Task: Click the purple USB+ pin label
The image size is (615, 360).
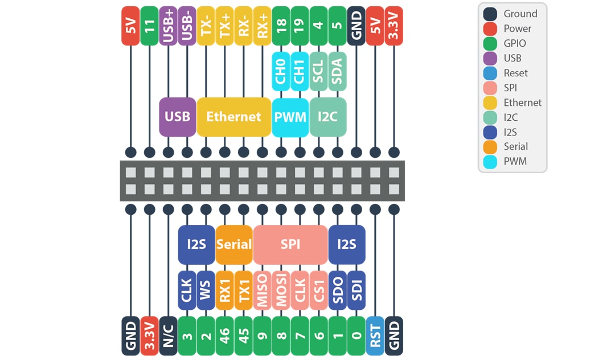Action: (168, 26)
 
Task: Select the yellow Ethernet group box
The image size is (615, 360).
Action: (233, 117)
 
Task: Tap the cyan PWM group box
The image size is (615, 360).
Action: (290, 117)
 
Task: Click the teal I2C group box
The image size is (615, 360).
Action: (328, 117)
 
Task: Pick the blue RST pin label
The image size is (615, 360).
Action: (375, 336)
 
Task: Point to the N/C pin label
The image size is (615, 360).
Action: (168, 336)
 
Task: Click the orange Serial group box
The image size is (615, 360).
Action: (234, 244)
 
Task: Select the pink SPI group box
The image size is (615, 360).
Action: (290, 244)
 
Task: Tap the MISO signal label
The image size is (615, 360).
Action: (263, 291)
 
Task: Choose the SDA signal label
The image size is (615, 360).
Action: (337, 71)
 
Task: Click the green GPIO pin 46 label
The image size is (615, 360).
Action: (225, 336)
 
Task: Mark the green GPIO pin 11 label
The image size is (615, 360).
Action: (149, 26)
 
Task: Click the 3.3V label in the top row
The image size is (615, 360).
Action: (393, 26)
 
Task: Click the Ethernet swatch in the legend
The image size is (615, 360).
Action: (490, 103)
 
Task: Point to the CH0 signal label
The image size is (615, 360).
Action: (281, 71)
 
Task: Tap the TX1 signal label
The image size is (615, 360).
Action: (244, 291)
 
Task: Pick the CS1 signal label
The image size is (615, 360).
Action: (319, 291)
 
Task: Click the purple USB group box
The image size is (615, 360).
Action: (177, 117)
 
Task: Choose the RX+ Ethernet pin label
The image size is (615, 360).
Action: (262, 26)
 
